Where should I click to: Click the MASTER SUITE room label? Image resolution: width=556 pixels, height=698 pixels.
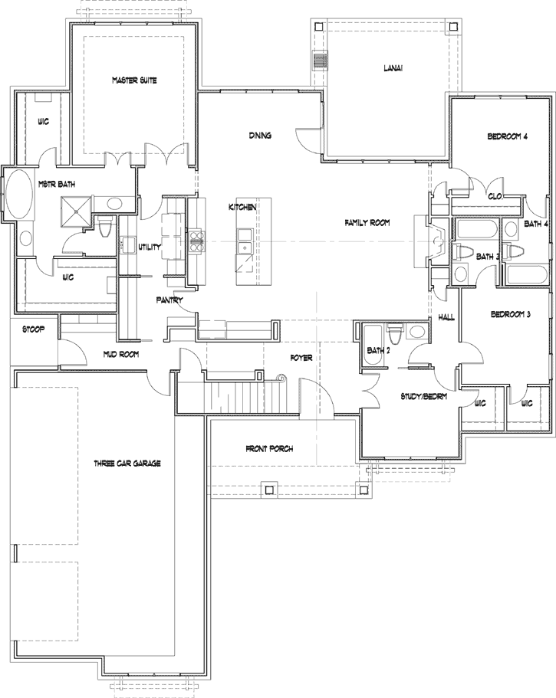tap(134, 80)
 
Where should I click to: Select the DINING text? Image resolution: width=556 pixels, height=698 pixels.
tap(260, 136)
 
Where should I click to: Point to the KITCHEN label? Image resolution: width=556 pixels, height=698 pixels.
tap(242, 208)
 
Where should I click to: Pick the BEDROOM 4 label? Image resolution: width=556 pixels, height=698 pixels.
tap(508, 137)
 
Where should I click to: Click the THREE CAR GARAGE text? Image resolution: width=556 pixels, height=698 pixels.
tap(127, 464)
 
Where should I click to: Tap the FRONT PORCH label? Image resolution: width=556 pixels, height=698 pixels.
tap(269, 448)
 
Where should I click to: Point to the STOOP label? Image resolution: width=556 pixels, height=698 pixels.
tap(30, 329)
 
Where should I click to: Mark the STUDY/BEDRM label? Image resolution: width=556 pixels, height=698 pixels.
tap(424, 396)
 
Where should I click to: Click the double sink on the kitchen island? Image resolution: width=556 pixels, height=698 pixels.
tap(245, 241)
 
